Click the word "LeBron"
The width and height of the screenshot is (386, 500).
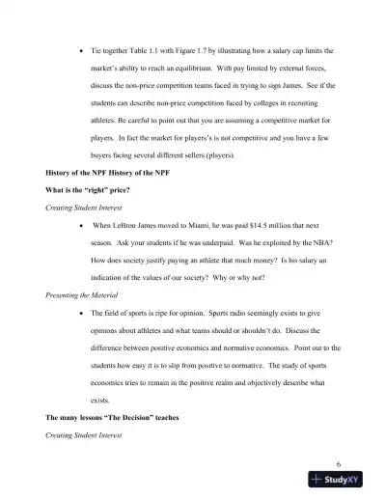click(x=127, y=225)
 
